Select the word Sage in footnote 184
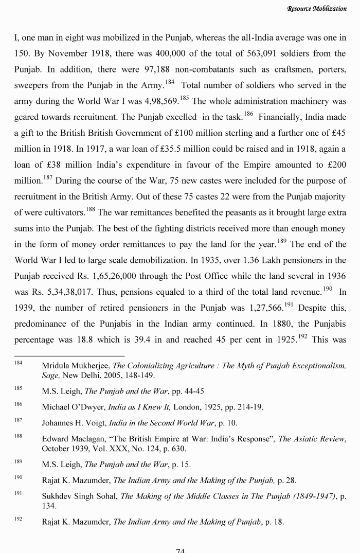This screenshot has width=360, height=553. pos(50,376)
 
